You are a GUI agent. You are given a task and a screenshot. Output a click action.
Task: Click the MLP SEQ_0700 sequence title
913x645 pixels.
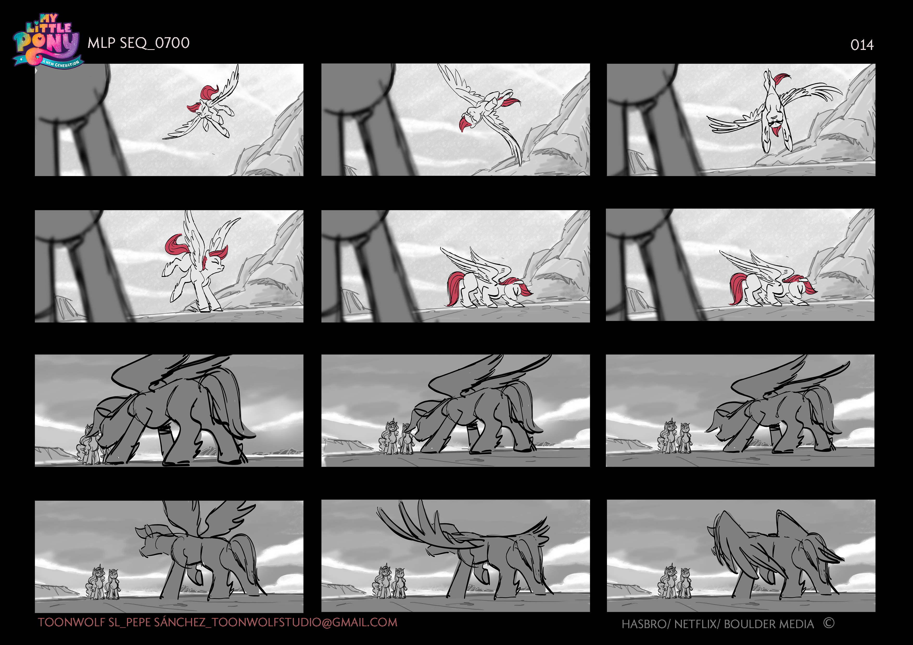click(138, 43)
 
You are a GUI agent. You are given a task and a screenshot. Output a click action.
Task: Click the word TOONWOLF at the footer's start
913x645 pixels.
click(72, 622)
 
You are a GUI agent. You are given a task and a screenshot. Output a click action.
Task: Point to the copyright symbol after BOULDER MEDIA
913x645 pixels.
click(829, 623)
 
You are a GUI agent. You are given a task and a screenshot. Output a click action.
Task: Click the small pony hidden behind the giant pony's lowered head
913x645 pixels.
click(90, 445)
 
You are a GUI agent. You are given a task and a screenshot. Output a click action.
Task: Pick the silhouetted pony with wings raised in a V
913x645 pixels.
click(199, 552)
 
